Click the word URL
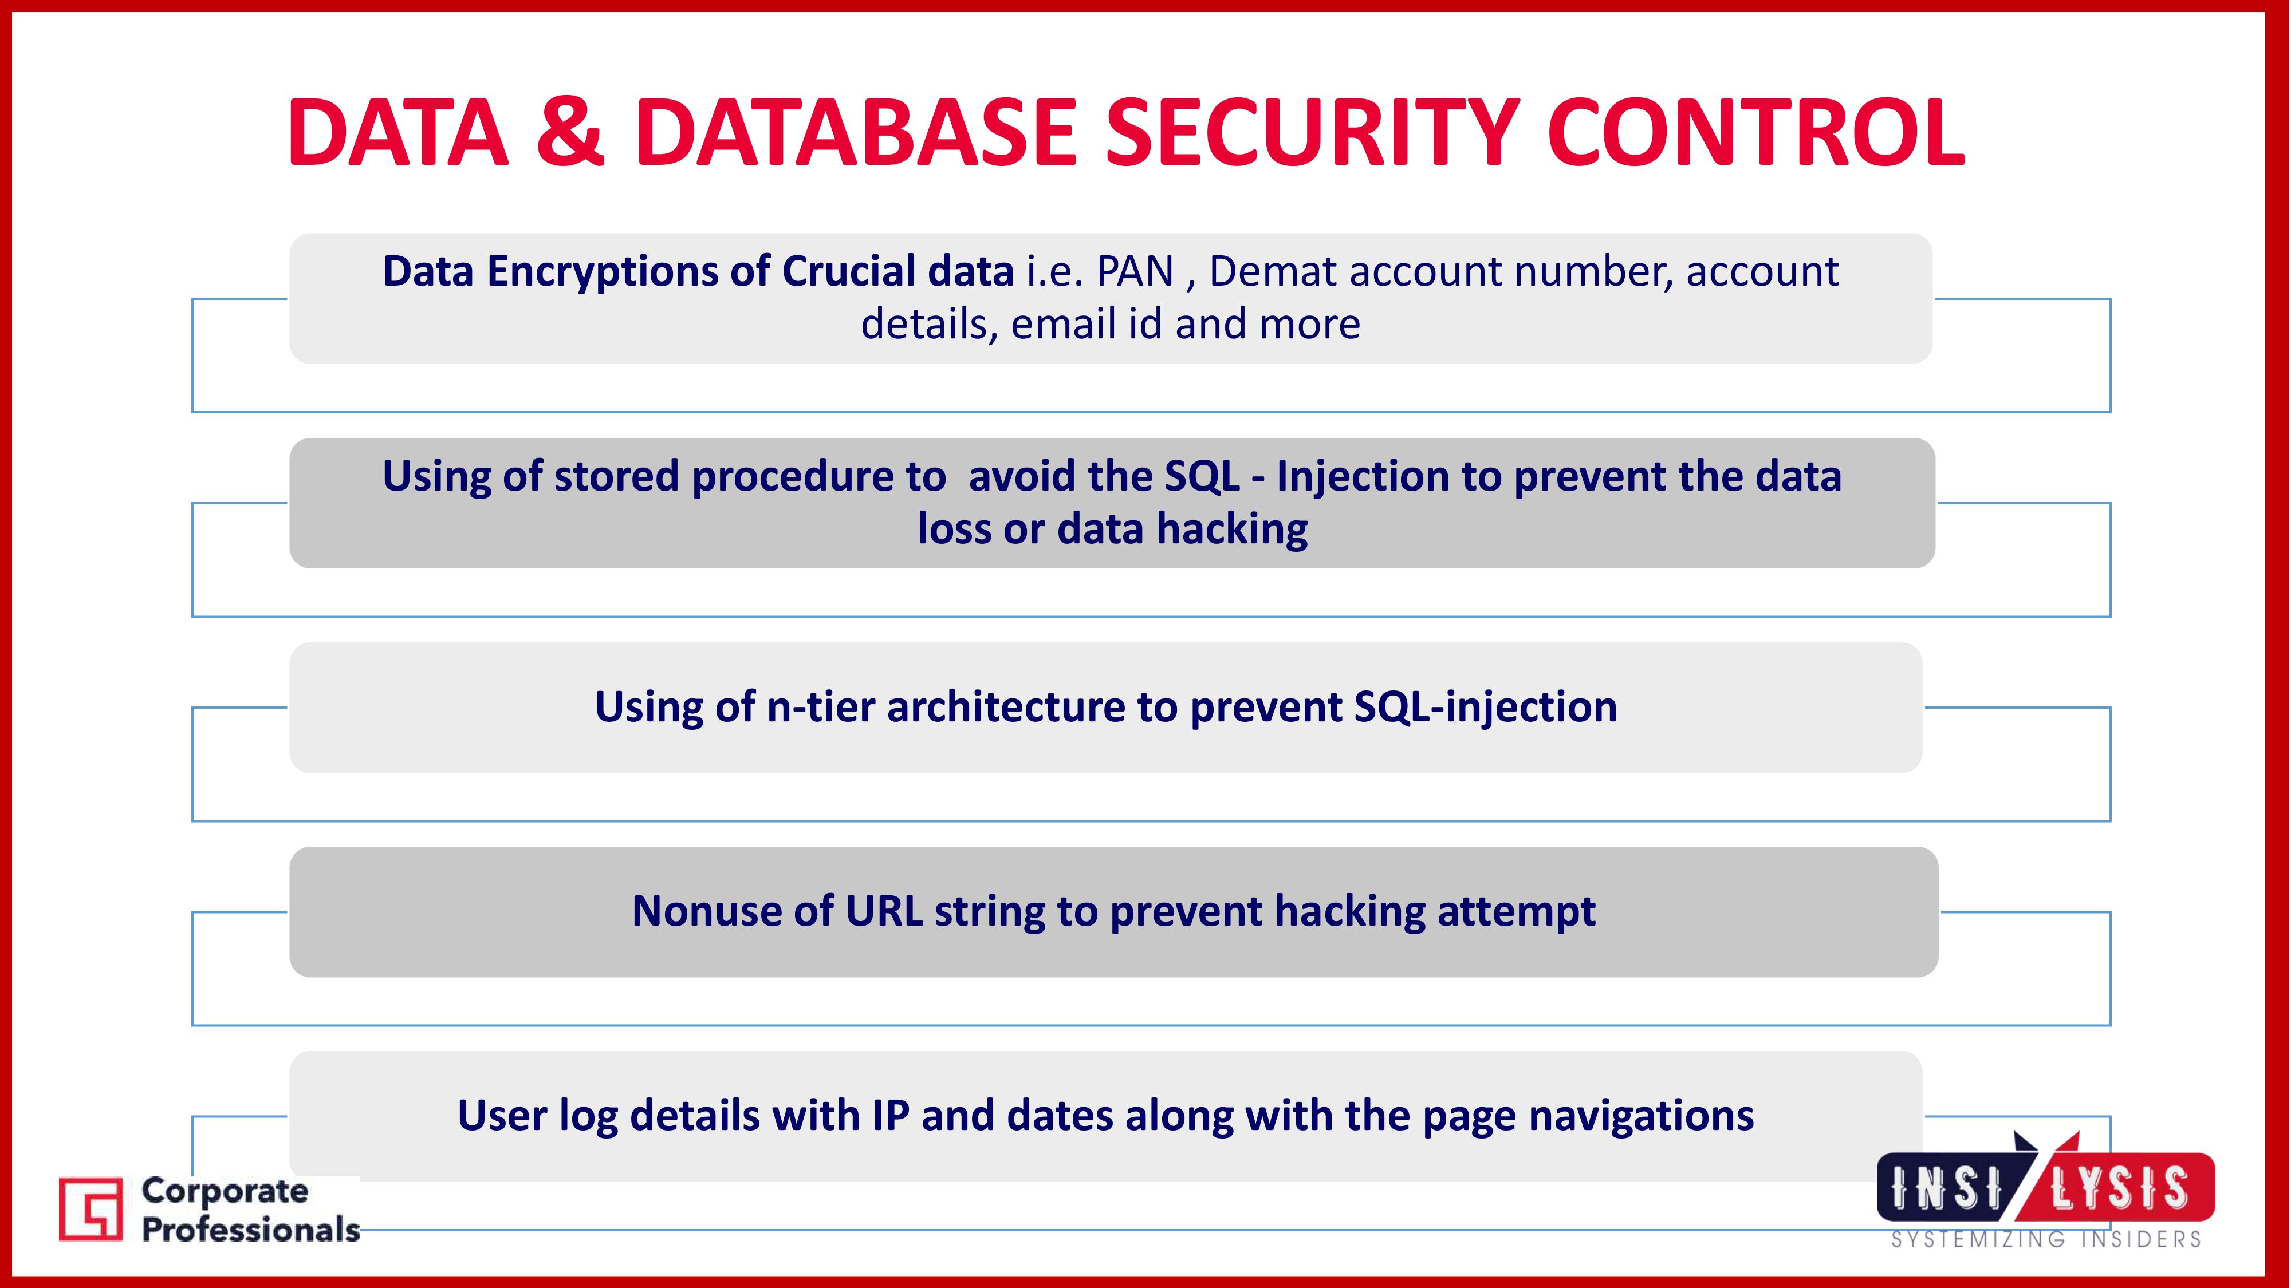(884, 912)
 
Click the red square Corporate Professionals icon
(90, 1209)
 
